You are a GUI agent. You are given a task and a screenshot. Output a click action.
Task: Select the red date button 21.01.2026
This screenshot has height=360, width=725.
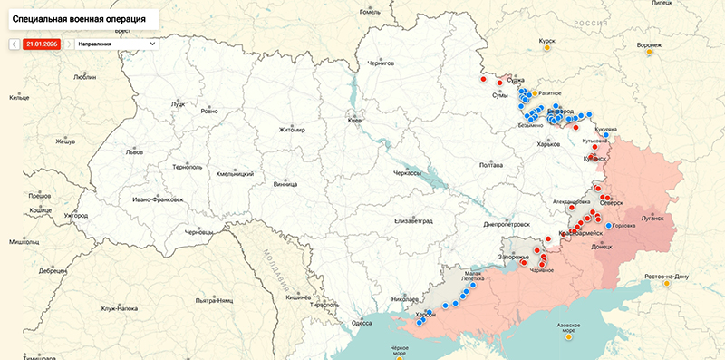[x=43, y=44]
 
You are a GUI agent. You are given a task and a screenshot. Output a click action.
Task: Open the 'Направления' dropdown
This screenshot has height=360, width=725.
[x=117, y=44]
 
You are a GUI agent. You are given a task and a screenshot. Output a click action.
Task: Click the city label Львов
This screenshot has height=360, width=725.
[x=134, y=152]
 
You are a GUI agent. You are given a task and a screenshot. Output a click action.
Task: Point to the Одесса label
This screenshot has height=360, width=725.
[x=362, y=322]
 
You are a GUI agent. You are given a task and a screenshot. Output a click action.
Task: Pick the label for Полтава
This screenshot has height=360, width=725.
[x=490, y=165]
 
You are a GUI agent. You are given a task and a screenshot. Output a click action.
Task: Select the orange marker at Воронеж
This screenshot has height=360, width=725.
[x=649, y=53]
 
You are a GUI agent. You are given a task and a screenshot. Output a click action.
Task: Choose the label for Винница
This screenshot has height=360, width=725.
[x=285, y=184]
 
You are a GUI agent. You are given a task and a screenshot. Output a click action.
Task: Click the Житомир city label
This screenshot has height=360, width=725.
[x=293, y=130]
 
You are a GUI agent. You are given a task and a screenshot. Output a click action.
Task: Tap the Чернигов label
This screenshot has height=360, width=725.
[x=381, y=63]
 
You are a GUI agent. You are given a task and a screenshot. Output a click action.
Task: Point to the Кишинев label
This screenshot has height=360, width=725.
[x=299, y=297]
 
